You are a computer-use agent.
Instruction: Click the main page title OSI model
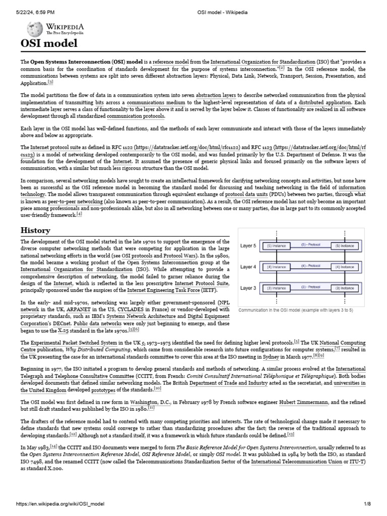pos(49,43)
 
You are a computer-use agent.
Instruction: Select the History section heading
pos(35,230)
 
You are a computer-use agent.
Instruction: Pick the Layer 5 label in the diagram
pos(248,246)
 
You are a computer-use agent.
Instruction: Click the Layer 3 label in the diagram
pos(248,288)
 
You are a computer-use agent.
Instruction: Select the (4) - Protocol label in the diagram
pos(310,265)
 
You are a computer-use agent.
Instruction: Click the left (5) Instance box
pos(276,246)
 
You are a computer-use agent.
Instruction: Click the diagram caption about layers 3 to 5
pos(295,310)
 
